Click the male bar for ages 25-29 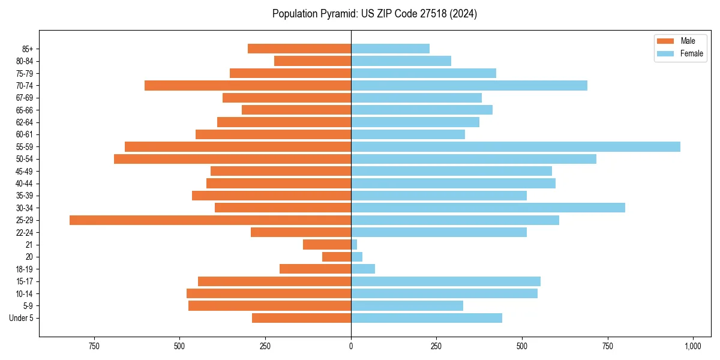(x=210, y=220)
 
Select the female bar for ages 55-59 (x=515, y=147)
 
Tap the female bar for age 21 (x=354, y=245)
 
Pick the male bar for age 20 (x=337, y=257)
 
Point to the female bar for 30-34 (x=488, y=208)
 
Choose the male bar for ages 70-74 (x=248, y=86)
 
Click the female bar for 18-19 (x=363, y=269)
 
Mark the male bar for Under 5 (x=301, y=318)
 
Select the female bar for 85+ (x=390, y=49)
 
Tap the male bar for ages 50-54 (x=232, y=159)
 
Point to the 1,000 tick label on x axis (x=693, y=346)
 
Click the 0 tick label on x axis (x=351, y=346)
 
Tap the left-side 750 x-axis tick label (x=94, y=346)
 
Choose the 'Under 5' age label (x=22, y=318)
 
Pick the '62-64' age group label (x=25, y=122)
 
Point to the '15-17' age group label (x=25, y=281)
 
